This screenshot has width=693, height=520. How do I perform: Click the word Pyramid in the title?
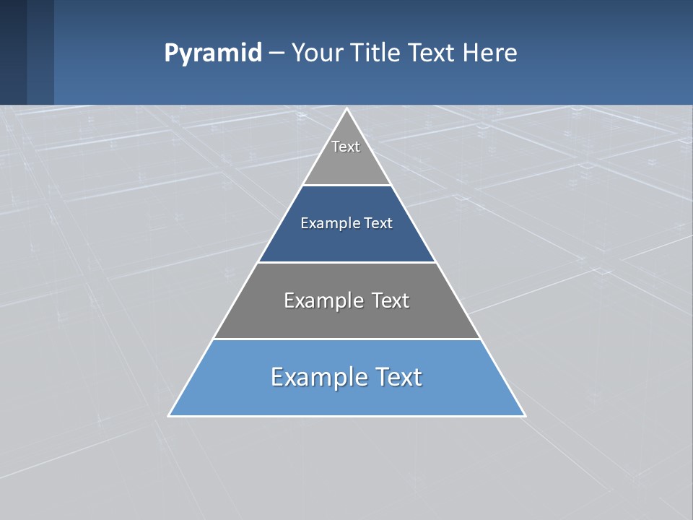click(213, 53)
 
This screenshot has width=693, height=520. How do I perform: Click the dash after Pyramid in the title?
click(276, 53)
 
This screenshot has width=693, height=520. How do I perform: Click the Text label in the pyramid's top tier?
click(346, 147)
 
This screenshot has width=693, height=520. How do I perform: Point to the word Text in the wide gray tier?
click(390, 300)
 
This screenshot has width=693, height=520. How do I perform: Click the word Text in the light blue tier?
click(398, 377)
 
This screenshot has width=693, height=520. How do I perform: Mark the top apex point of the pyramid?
click(347, 109)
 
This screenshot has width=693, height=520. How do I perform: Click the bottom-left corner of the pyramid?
click(169, 415)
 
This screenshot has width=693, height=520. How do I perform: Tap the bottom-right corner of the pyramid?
click(525, 415)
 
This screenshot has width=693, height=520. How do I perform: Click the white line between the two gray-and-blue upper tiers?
click(347, 186)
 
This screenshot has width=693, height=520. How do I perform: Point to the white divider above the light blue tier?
click(347, 339)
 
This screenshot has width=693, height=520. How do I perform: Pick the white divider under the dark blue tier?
click(347, 262)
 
